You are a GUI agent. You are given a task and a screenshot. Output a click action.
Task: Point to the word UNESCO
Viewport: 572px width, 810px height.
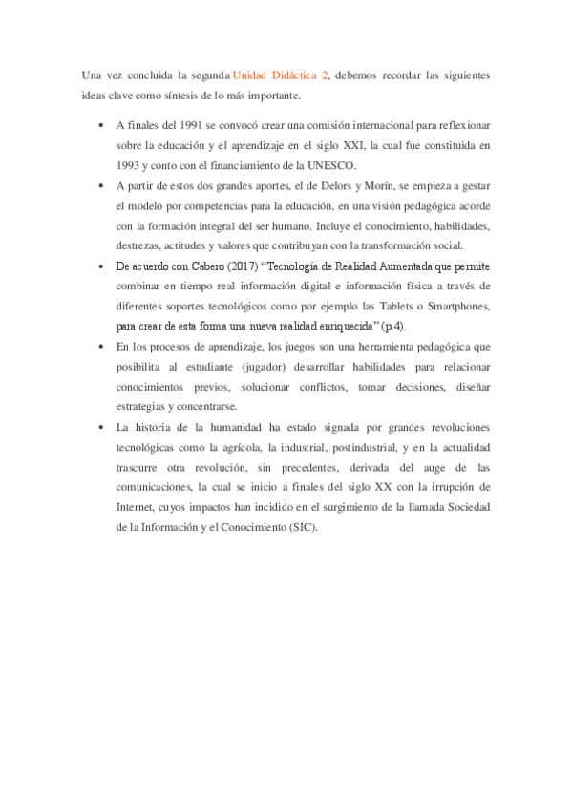[x=328, y=165]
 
